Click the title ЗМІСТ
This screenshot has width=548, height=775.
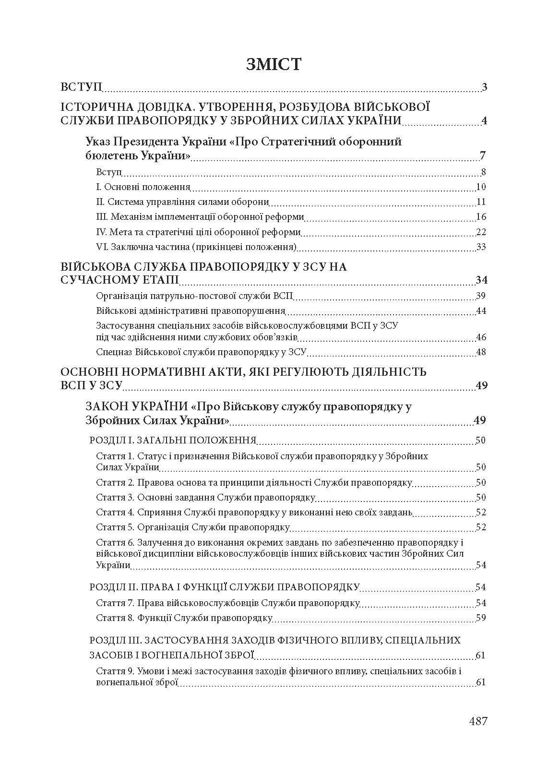274,64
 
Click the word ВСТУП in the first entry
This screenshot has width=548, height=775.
81,87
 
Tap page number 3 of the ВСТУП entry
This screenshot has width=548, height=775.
484,87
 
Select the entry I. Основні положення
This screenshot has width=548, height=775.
143,187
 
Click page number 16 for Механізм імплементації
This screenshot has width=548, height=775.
481,217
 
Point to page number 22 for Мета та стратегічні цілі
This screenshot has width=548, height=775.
481,232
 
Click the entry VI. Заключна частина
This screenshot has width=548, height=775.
196,247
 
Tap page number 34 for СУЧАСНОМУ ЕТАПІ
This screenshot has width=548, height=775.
481,280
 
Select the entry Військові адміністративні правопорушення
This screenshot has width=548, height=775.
191,311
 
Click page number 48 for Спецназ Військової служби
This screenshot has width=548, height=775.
481,352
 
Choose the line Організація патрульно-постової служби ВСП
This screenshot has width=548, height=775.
194,296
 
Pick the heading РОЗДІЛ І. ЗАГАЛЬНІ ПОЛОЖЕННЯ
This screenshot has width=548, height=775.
173,441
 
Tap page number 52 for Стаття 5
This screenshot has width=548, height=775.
481,527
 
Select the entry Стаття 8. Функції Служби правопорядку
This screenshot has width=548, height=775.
184,618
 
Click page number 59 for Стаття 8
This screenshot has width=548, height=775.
481,618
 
